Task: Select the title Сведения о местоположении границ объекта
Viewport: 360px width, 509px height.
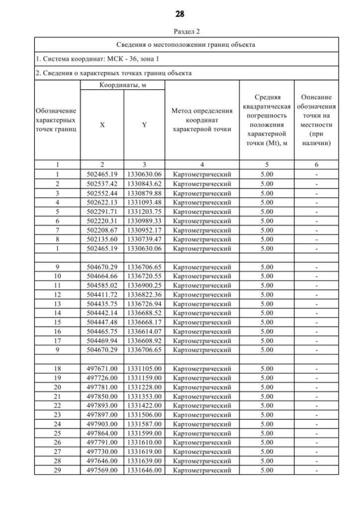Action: (x=186, y=44)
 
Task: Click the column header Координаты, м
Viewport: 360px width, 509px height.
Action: (x=123, y=84)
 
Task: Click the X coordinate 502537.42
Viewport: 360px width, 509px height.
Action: (x=102, y=183)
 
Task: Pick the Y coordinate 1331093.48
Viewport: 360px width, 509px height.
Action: (x=145, y=202)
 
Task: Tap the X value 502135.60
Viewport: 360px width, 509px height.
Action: (x=102, y=238)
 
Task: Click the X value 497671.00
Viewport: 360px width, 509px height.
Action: (x=102, y=369)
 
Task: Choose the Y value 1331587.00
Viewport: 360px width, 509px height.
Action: (x=145, y=424)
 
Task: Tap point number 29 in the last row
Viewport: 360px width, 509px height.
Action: (x=57, y=470)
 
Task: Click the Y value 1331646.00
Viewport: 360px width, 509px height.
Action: (x=145, y=470)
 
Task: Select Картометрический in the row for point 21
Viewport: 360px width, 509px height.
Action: (x=202, y=397)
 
